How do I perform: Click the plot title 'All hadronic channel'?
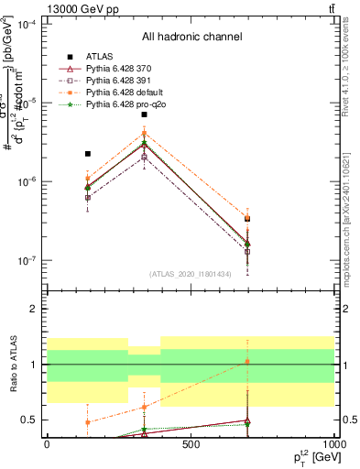point(191,37)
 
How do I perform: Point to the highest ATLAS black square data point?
point(144,115)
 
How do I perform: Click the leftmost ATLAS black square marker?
point(87,154)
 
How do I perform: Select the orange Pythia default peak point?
point(144,134)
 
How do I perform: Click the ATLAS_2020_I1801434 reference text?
point(191,274)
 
